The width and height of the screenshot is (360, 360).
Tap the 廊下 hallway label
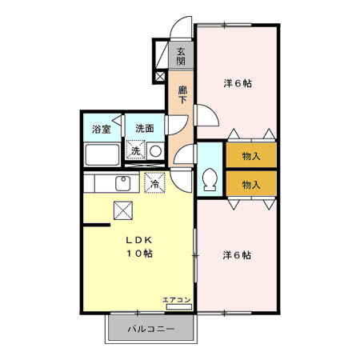coord(182,95)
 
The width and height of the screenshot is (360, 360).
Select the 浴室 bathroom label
coord(101,128)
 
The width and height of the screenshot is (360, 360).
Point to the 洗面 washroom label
coord(144,128)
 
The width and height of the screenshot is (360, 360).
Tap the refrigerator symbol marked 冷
coord(154,183)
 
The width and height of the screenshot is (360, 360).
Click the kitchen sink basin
coord(123,183)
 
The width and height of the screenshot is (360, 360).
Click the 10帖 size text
coord(138,254)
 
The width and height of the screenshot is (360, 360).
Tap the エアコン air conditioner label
coord(176,300)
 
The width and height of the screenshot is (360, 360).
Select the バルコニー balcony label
coord(151,328)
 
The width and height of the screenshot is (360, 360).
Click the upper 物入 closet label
coord(250,155)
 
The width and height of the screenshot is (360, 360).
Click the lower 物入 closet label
coord(250,184)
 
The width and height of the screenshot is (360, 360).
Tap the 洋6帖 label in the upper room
coord(237,83)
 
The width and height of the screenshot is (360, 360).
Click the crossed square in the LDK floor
coord(123,210)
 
